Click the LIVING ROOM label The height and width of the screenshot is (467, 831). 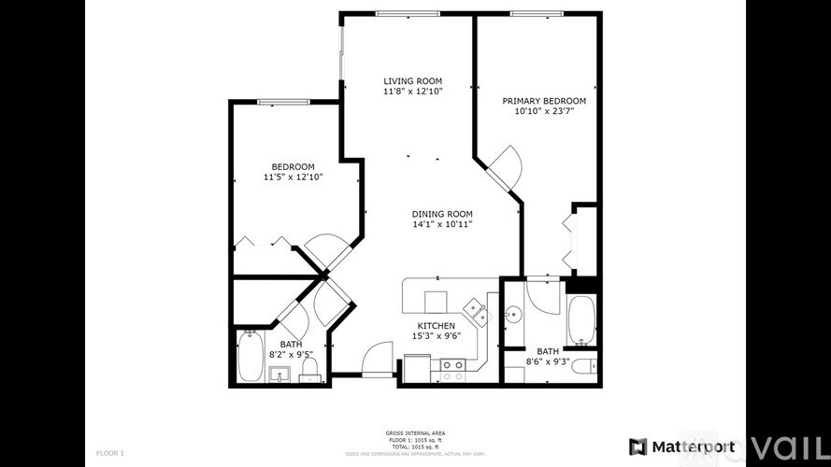click(x=412, y=81)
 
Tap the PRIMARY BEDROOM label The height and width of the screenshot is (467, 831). click(x=544, y=101)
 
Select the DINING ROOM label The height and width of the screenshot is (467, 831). click(x=442, y=214)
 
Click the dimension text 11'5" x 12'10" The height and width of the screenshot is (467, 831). click(x=293, y=177)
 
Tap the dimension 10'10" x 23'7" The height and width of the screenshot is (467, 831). click(x=544, y=111)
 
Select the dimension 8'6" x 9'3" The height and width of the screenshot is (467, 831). click(x=548, y=361)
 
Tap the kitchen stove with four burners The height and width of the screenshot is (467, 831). click(x=453, y=371)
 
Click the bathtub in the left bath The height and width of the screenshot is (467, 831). click(x=249, y=358)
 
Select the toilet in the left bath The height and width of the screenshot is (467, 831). click(x=309, y=369)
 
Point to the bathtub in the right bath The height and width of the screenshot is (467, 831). click(x=581, y=320)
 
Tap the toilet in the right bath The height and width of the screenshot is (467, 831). click(x=583, y=365)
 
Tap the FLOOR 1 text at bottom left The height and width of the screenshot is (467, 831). click(x=109, y=453)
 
